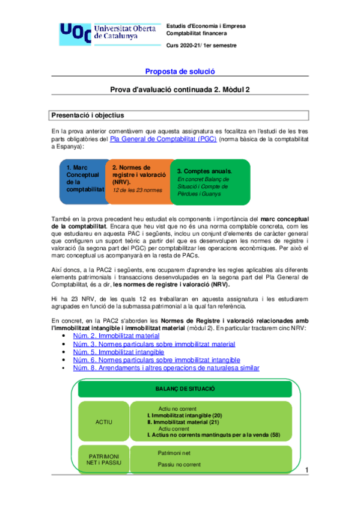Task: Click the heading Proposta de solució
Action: (x=180, y=71)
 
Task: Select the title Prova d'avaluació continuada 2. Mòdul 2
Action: (x=180, y=90)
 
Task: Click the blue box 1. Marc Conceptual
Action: (x=82, y=181)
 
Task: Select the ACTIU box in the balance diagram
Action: (x=104, y=422)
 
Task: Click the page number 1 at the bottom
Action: (x=307, y=470)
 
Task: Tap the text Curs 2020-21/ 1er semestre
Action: (x=201, y=46)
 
